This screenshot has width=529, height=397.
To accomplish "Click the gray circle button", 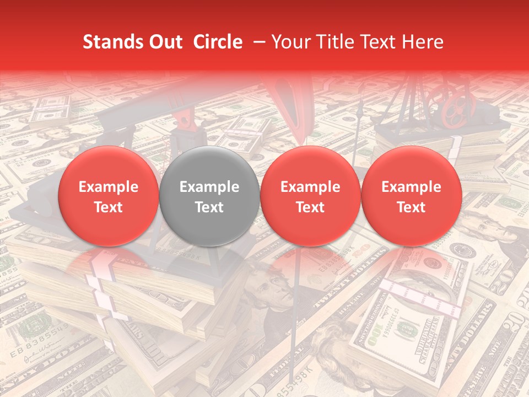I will pos(209,196).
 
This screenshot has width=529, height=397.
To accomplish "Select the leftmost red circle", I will pos(108,196).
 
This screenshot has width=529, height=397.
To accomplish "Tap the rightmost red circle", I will pos(411,196).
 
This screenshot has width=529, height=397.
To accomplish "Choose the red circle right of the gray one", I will pos(310,196).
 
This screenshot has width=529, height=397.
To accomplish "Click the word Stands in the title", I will pos(112,42).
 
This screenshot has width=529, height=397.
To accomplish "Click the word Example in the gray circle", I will pos(209,187).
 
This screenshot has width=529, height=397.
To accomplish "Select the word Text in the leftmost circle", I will pos(108,207).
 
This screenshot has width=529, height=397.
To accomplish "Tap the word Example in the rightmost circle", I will pos(411,187).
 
